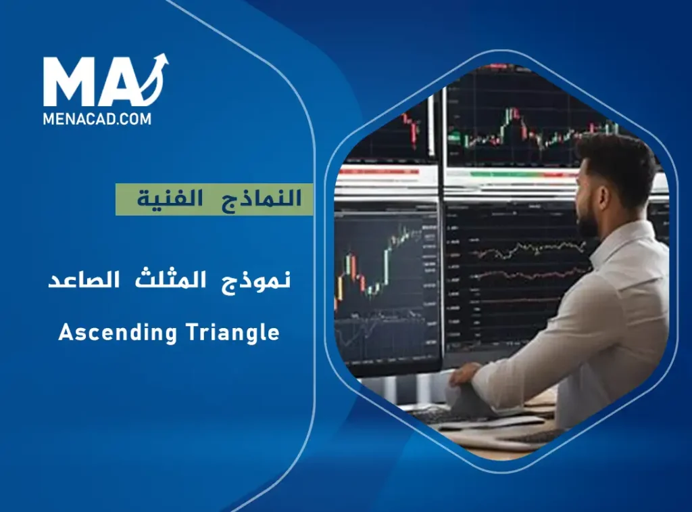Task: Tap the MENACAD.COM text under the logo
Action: pyautogui.click(x=97, y=118)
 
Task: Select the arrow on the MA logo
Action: pyautogui.click(x=157, y=74)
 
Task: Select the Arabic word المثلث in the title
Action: pyautogui.click(x=169, y=279)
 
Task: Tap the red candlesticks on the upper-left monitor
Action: pyautogui.click(x=410, y=129)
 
